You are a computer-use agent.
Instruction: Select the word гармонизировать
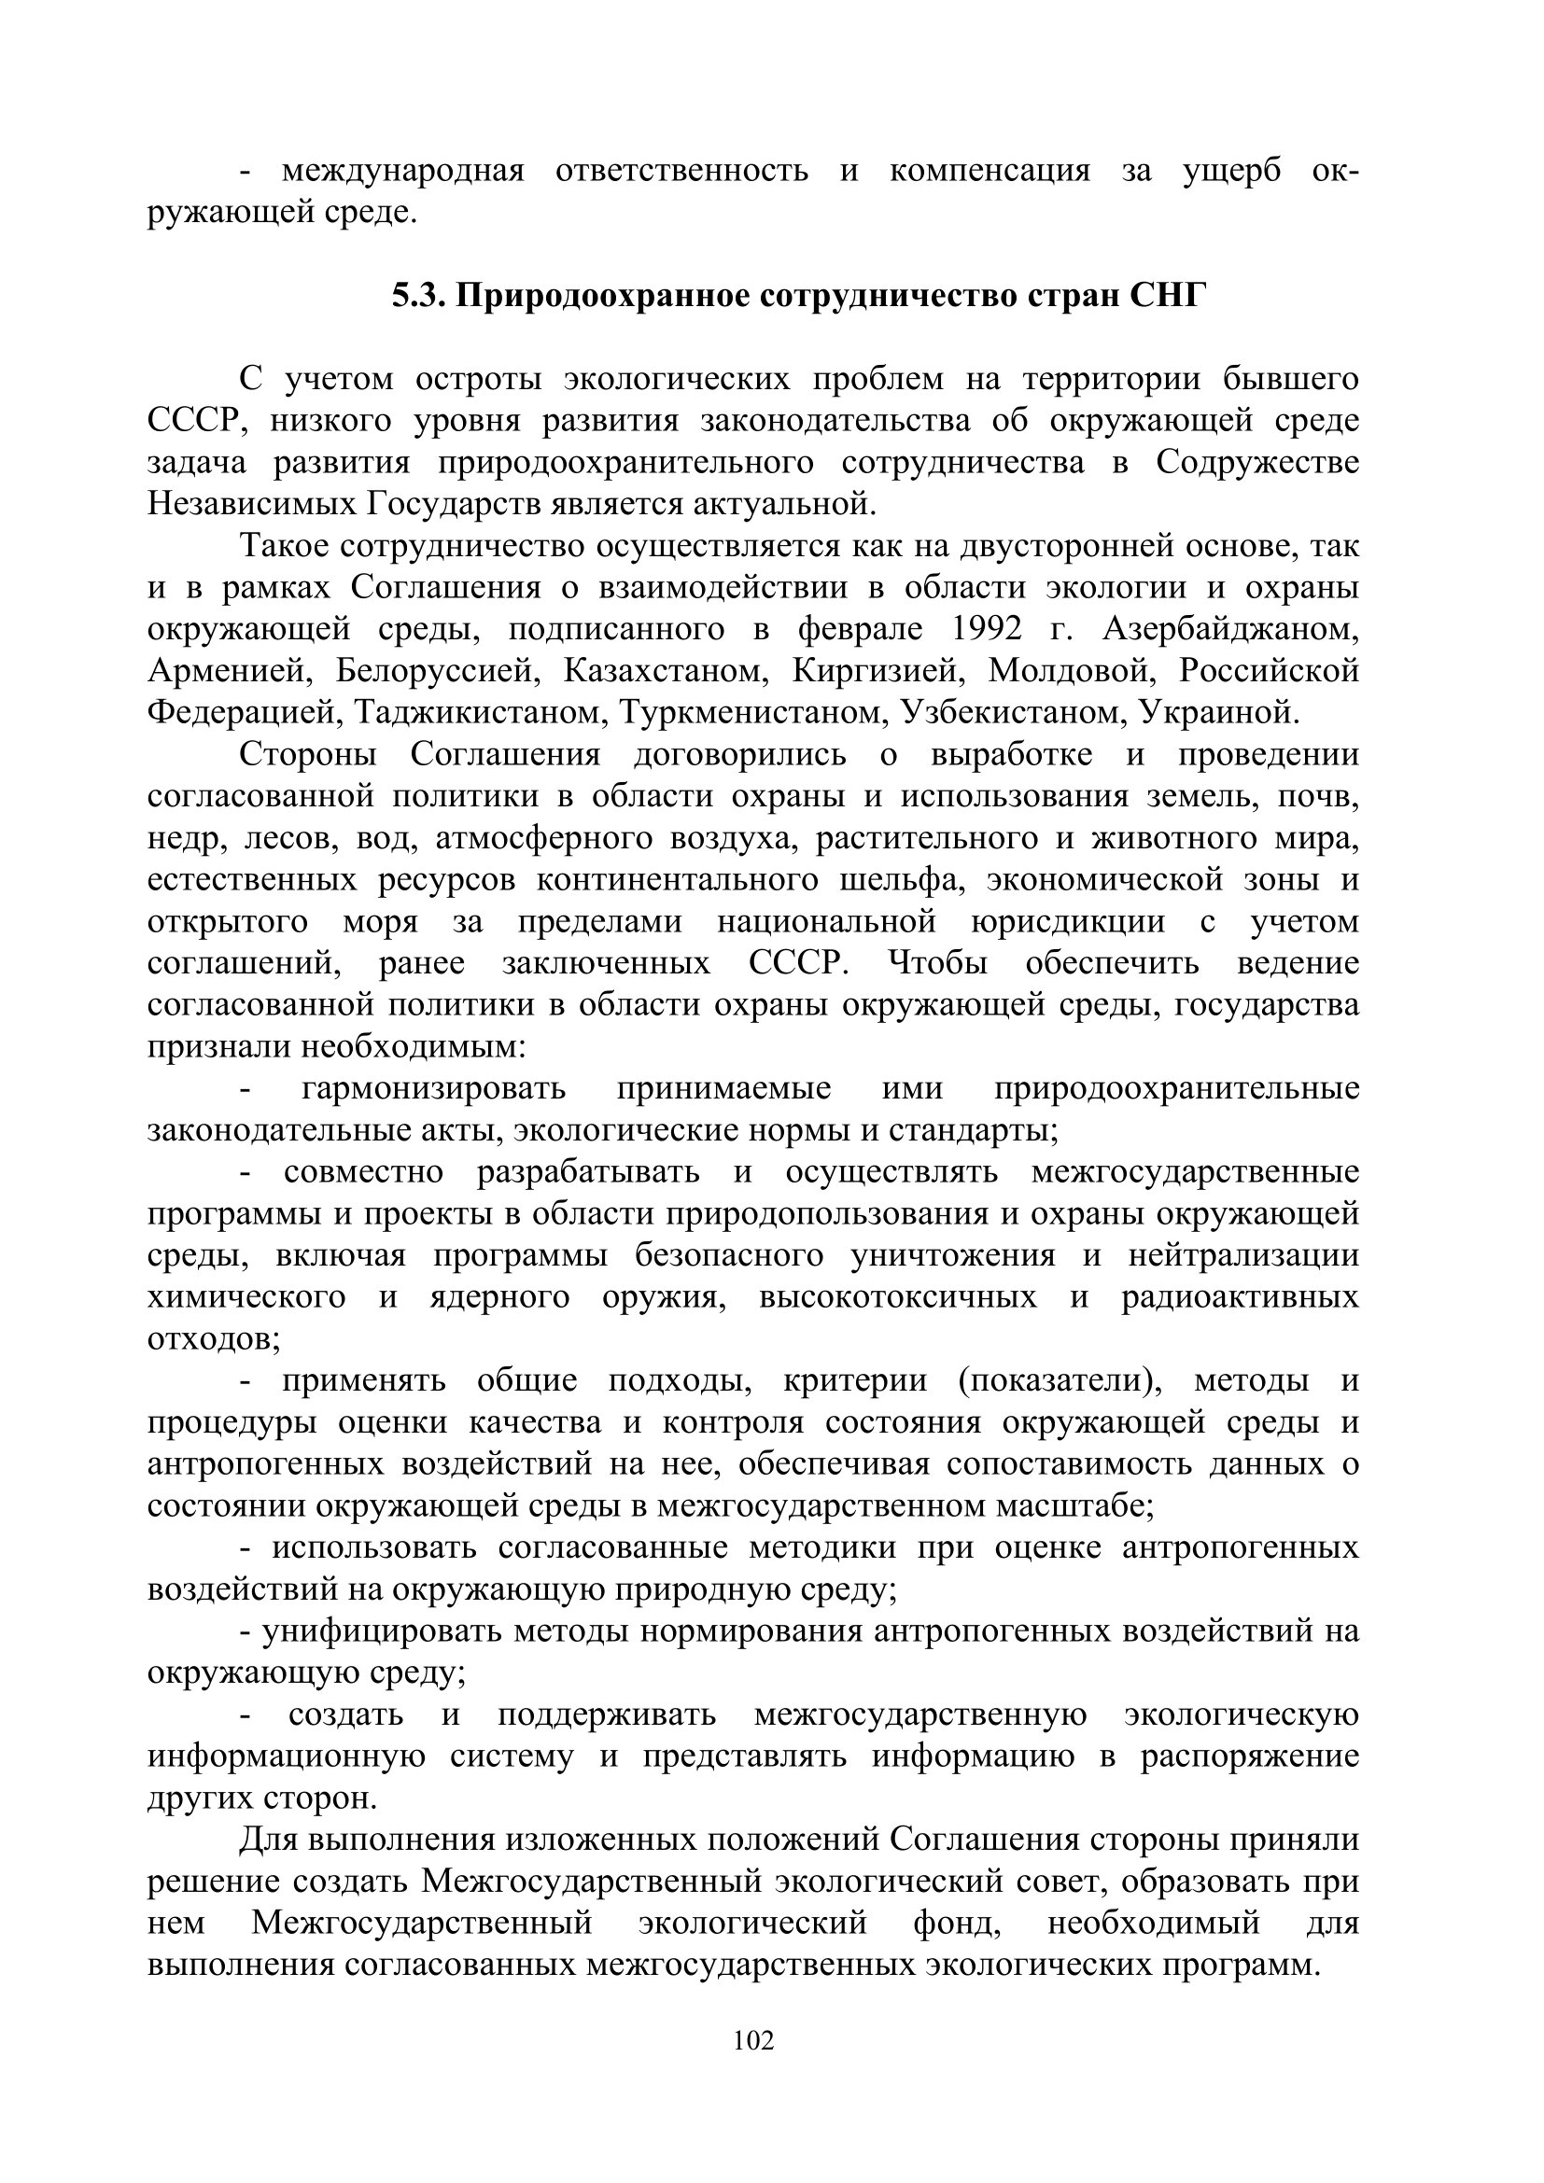coord(433,1088)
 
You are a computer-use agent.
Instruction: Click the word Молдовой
coord(1071,671)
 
